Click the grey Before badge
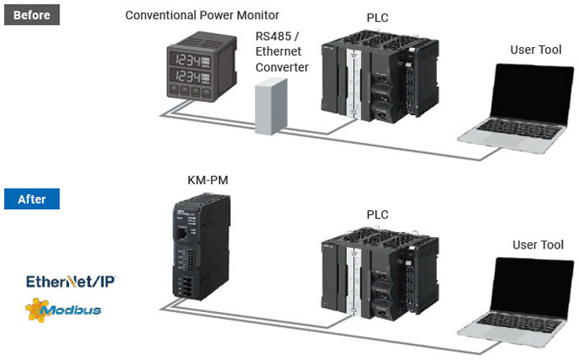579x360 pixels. click(x=31, y=14)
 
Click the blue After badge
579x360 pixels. click(x=31, y=199)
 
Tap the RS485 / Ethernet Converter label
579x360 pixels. click(x=282, y=51)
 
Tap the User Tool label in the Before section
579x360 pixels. click(x=536, y=50)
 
